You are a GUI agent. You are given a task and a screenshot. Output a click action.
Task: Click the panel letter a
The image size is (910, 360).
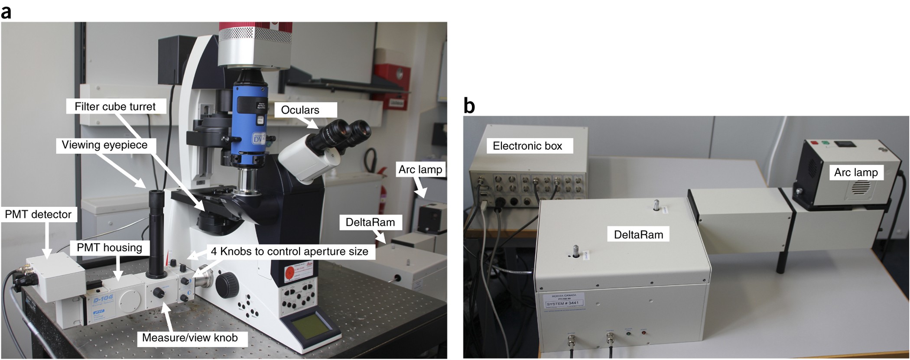click(x=6, y=12)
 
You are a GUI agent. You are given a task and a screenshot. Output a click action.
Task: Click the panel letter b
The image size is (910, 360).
click(x=469, y=106)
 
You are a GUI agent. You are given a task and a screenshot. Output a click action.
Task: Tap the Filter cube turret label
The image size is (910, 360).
click(x=115, y=107)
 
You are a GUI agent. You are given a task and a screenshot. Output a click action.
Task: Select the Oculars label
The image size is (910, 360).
click(x=300, y=110)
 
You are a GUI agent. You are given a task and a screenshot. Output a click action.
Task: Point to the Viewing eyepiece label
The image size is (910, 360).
click(x=104, y=145)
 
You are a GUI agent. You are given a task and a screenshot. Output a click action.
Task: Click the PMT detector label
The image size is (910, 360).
click(x=38, y=214)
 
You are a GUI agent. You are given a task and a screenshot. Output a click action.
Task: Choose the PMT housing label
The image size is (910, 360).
click(x=109, y=248)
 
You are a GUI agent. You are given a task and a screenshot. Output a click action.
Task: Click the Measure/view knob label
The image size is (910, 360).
click(x=190, y=338)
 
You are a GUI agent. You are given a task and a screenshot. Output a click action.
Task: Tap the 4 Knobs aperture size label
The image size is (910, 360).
click(x=289, y=252)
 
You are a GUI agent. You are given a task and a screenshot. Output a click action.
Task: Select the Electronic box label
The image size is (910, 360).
click(x=527, y=146)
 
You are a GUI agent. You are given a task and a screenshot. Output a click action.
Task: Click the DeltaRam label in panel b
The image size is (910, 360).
click(x=638, y=235)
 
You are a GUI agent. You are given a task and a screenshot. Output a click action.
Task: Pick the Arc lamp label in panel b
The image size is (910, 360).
click(x=856, y=172)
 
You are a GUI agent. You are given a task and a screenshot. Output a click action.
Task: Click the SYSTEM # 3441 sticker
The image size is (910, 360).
click(x=562, y=303)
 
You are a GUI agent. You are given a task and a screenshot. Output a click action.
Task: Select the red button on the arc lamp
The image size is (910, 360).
click(x=812, y=143)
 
